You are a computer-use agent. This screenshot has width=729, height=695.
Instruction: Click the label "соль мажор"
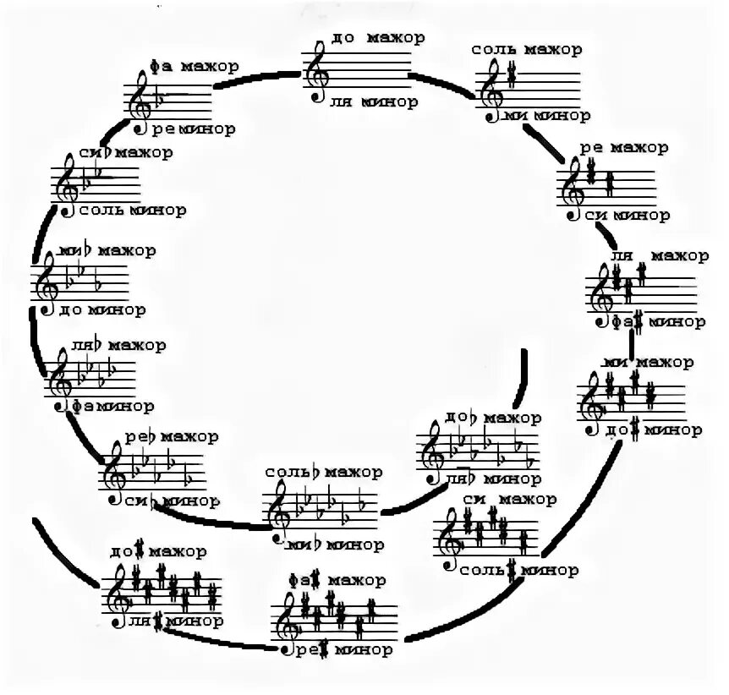528,49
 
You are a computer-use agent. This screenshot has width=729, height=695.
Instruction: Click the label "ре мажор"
624,148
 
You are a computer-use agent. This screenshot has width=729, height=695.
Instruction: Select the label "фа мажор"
195,66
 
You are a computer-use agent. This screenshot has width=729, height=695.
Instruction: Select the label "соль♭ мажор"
323,471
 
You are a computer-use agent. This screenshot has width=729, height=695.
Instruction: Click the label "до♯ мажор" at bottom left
157,552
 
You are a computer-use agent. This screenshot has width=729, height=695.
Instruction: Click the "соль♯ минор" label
520,570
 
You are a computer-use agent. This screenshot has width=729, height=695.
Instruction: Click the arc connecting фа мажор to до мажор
258,79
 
